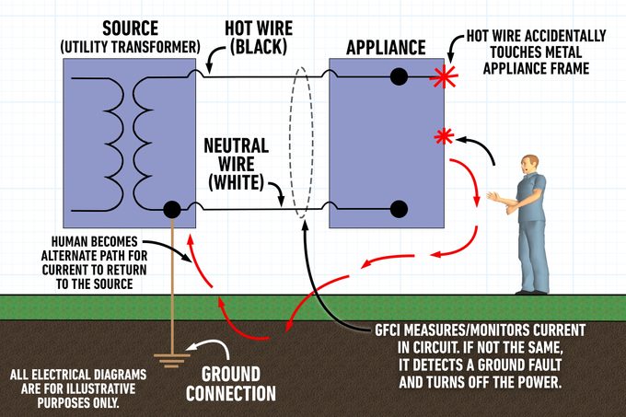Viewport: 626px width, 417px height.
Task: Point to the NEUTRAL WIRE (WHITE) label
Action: (237, 162)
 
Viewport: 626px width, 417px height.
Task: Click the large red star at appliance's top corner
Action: (445, 77)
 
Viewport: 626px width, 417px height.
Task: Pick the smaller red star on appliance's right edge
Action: (445, 137)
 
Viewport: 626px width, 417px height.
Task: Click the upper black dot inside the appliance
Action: (398, 77)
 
